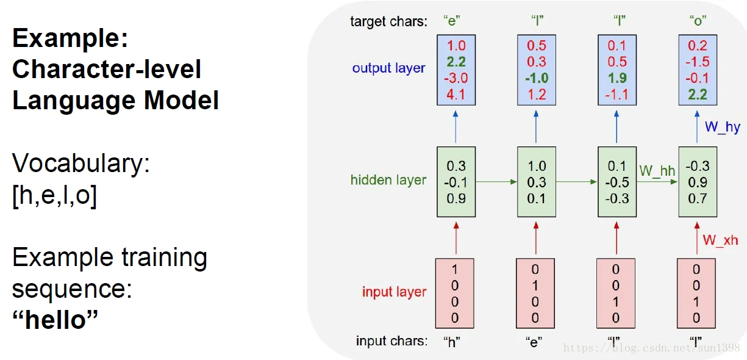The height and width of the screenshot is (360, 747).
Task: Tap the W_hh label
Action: pos(657,171)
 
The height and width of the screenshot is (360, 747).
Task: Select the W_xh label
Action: pos(720,240)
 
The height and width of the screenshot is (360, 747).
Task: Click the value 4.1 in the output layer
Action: pos(456,95)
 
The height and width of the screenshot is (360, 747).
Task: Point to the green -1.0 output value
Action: pos(537,78)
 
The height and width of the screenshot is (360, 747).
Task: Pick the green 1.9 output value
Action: pos(617,78)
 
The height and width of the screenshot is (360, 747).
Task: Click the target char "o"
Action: pos(698,22)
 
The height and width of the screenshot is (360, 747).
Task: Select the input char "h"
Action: pos(452,341)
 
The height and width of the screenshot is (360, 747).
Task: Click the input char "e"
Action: pos(535,341)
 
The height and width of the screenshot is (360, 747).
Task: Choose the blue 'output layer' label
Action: pos(388,68)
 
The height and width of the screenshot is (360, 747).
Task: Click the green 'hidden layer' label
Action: pos(388,180)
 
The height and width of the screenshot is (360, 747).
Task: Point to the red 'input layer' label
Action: pos(394,292)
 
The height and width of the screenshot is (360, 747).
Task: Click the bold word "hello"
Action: pos(55,319)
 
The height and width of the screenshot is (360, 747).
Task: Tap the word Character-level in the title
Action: pos(107,69)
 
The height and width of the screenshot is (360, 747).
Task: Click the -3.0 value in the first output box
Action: pos(456,78)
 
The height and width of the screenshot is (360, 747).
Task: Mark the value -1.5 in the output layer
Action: pos(698,62)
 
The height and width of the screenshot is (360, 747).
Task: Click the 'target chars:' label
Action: pos(388,22)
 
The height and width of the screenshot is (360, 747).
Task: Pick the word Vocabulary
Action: pos(80,164)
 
